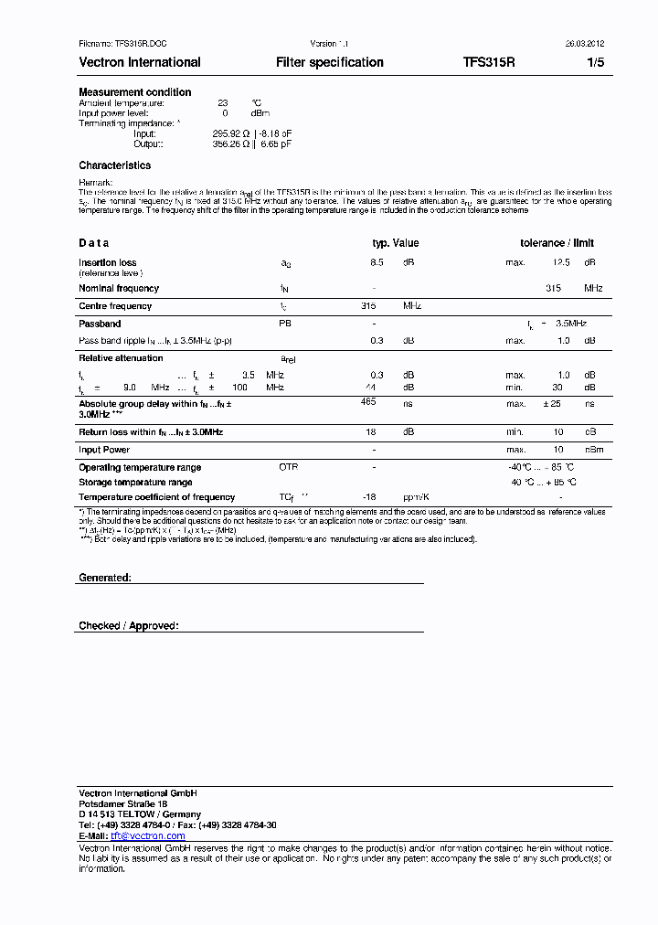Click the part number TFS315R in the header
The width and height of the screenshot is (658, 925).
tap(489, 62)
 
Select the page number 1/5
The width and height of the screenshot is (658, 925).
tap(595, 62)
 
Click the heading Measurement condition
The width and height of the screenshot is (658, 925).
tap(135, 92)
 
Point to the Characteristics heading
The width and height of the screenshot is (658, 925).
tap(115, 165)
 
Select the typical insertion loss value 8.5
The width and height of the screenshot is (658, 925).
tap(377, 262)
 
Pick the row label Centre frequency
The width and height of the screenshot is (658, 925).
tap(115, 306)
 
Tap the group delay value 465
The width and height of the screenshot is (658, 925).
tap(368, 402)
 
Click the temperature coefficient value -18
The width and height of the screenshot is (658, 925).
tap(370, 497)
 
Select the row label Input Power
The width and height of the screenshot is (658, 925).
tap(104, 450)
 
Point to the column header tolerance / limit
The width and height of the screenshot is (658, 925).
tap(557, 243)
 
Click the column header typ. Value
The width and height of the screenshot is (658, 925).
tap(395, 243)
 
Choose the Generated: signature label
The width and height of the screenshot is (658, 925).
tap(105, 578)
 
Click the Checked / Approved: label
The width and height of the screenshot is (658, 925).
tap(129, 625)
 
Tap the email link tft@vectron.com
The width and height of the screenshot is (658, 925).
tap(148, 835)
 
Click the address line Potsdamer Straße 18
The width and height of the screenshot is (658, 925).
tap(123, 803)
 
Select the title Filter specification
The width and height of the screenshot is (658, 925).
tap(330, 62)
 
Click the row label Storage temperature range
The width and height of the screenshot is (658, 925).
tap(135, 482)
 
